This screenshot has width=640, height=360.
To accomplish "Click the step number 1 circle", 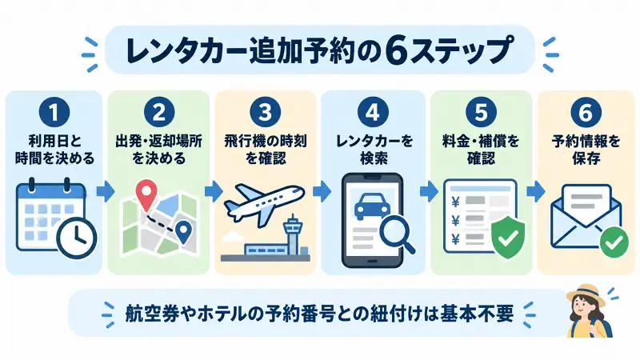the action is coord(54,112).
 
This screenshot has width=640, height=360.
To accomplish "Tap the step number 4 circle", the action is coord(373,112).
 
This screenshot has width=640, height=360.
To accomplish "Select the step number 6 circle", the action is coord(586,112).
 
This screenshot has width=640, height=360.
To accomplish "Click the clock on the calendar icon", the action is coord(77,238).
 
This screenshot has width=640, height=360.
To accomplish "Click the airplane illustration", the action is coord(264,205).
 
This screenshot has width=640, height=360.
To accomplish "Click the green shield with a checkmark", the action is coord(508,238).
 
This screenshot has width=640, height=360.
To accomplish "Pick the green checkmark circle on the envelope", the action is coord(614,242).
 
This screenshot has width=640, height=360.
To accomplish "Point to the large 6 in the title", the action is coord(396,50).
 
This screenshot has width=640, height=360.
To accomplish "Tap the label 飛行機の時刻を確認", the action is coord(266,150).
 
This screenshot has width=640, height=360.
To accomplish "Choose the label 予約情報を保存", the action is coord(586,150).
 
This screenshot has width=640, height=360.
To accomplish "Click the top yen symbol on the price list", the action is coord(456,202).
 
